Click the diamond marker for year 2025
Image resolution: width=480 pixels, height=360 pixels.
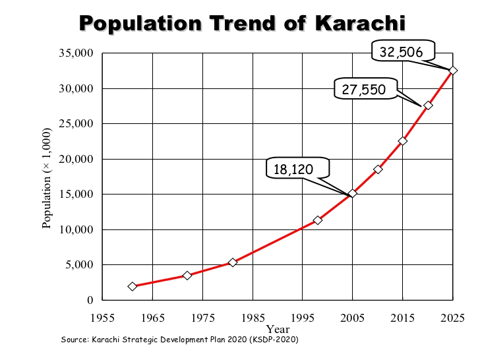point(453,71)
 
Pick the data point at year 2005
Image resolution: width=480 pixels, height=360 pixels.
point(353,193)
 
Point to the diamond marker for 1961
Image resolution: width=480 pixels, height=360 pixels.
point(133,286)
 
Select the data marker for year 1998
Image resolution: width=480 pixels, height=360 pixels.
point(318,220)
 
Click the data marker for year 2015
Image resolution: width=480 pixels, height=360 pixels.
point(403,140)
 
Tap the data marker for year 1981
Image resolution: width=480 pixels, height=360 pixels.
point(233,262)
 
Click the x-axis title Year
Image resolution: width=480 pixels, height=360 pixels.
point(278,328)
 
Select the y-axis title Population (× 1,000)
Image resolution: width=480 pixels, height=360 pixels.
point(47,176)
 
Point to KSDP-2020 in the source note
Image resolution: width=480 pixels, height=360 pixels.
point(276,340)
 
